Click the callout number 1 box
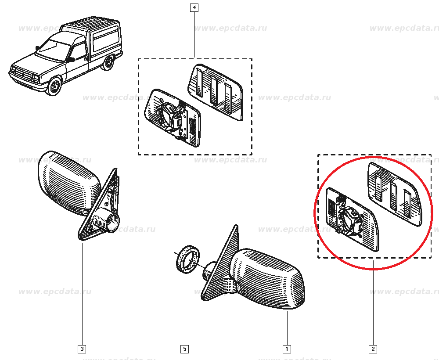(x=286, y=349)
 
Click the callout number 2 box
(x=373, y=349)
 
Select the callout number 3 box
(x=82, y=349)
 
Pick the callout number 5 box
(x=184, y=349)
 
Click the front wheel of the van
(x=54, y=86)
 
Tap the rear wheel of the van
(x=107, y=64)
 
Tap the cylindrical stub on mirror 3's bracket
(x=107, y=220)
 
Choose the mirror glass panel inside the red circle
(x=394, y=193)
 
